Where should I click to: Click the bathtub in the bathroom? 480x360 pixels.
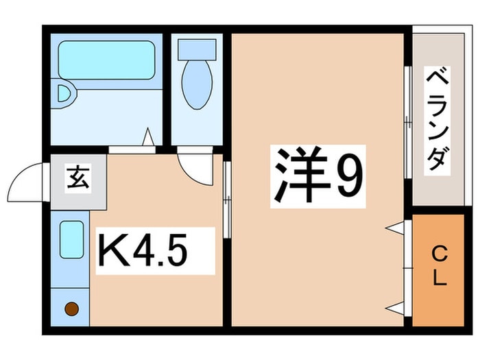tap(106, 60)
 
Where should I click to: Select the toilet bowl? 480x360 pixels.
tap(197, 84)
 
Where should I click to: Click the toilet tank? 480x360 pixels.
tap(197, 49)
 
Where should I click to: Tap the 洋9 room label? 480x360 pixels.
tap(317, 176)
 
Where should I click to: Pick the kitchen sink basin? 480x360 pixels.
tap(71, 240)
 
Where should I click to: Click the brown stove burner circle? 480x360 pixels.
tap(71, 309)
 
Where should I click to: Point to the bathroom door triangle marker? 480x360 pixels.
tap(148, 136)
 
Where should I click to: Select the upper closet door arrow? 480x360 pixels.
tap(395, 228)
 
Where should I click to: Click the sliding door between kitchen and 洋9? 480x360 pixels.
tap(227, 200)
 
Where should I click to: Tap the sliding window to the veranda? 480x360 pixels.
tap(407, 122)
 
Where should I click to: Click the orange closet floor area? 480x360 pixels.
tap(438, 270)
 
